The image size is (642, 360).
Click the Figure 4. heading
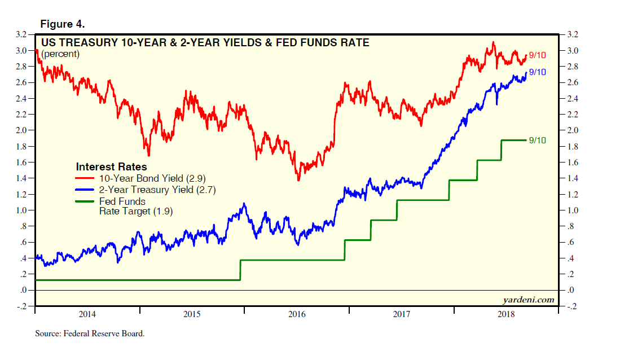tap(63, 24)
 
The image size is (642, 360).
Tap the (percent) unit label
tap(60, 54)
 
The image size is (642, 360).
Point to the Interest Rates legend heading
tap(111, 167)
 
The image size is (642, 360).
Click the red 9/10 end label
tap(538, 55)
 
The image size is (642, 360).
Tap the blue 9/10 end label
tap(538, 72)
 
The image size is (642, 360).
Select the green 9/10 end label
tap(538, 140)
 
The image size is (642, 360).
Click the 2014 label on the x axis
tap(87, 314)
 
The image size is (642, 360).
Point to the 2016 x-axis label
tap(297, 314)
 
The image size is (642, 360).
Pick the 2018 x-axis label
tap(507, 314)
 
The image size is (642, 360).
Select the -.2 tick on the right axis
tap(572, 306)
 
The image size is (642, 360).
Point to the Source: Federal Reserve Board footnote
tap(90, 333)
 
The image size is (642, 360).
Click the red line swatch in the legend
tap(85, 178)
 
